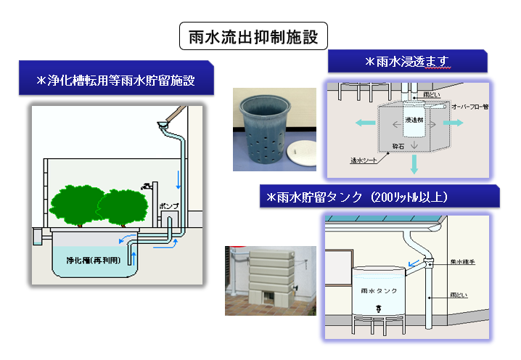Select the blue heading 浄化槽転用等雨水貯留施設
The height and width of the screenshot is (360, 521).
(x=117, y=81)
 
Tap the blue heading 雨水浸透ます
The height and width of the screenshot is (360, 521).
(x=406, y=62)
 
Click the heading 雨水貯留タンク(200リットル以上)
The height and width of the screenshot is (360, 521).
(x=379, y=197)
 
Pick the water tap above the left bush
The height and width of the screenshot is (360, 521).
(x=149, y=186)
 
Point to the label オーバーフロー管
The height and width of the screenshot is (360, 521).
(x=472, y=107)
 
